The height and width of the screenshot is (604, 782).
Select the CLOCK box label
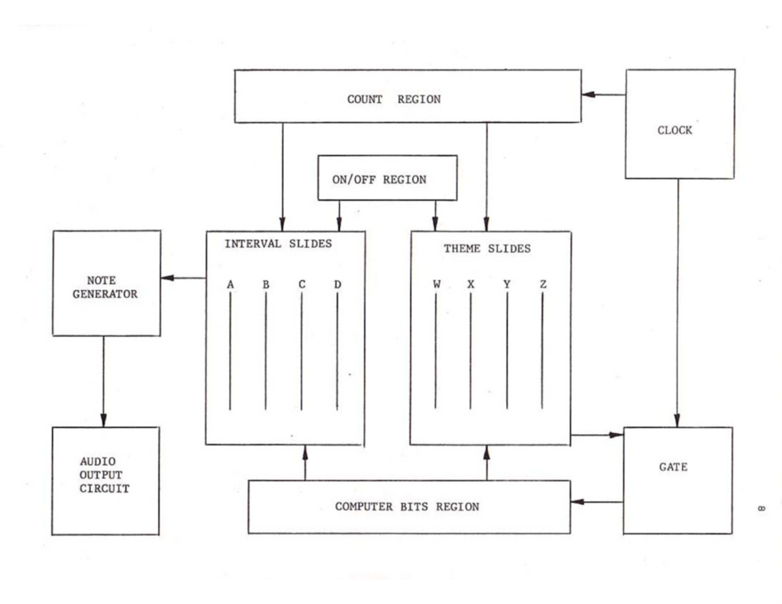pos(675,130)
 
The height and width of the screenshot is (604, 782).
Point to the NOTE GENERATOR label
pos(105,288)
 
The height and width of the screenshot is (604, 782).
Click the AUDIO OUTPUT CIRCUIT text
pos(105,475)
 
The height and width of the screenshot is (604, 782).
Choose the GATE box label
pos(673,467)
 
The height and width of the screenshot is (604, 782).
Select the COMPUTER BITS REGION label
pos(407,506)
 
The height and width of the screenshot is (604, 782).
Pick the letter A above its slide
pos(230,284)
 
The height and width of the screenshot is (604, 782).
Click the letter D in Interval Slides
pos(337,284)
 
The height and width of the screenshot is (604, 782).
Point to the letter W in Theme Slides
pos(436,284)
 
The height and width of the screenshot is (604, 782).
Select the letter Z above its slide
pos(542,284)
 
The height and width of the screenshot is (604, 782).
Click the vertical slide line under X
pos(470,351)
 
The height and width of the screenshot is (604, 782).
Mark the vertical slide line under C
pos(301,351)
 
